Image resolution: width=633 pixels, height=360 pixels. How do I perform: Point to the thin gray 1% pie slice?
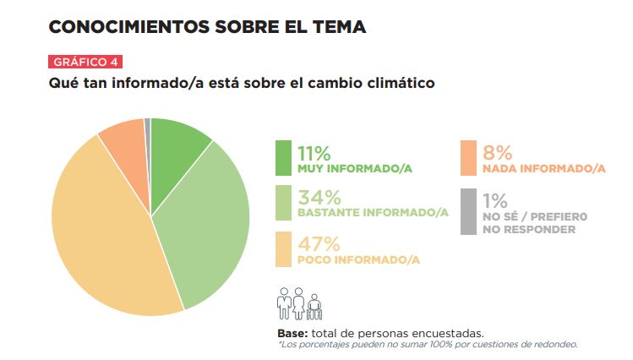coord(148,127)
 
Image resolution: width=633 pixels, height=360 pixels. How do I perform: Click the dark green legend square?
coord(283,158)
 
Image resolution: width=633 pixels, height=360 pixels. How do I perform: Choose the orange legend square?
coord(469,158)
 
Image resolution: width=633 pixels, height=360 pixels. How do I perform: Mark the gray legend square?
coord(469,210)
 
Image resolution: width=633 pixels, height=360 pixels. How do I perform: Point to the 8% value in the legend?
coord(498,152)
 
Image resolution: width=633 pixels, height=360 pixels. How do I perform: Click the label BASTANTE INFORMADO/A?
coord(373,213)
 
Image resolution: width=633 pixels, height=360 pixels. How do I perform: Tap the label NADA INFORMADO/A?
coord(544,169)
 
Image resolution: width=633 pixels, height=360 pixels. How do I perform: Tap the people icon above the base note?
coord(299,303)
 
